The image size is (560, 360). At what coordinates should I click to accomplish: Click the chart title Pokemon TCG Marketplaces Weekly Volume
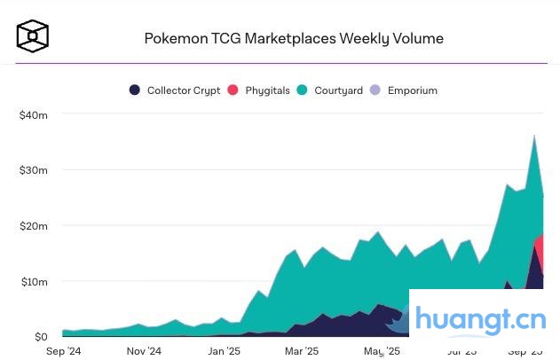pos(294,39)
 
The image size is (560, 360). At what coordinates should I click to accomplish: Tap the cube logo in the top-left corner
pos(33,36)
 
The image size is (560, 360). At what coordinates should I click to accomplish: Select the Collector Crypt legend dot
pos(135,90)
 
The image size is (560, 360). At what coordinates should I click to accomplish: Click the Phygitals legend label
pos(268,90)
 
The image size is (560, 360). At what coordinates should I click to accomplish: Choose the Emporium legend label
pos(412,90)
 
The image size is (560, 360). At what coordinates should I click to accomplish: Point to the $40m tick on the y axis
pos(33,114)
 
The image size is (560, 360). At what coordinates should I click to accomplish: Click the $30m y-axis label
pos(33,170)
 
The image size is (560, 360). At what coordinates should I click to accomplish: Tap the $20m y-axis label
pos(33,226)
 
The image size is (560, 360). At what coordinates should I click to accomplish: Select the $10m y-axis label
pos(33,282)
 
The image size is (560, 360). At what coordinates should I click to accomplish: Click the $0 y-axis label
pos(41,337)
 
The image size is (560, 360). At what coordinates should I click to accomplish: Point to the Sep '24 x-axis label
pos(63,351)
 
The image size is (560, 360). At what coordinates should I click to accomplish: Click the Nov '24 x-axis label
pos(142,351)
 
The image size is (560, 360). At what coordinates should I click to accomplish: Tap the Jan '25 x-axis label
pos(223,351)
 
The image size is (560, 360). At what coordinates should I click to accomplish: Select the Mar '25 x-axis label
pos(301,351)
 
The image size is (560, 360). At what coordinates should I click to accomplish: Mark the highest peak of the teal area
pos(533,136)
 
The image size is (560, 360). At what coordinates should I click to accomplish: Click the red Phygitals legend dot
pos(233,90)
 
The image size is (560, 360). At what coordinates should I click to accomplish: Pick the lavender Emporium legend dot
pos(375,90)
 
